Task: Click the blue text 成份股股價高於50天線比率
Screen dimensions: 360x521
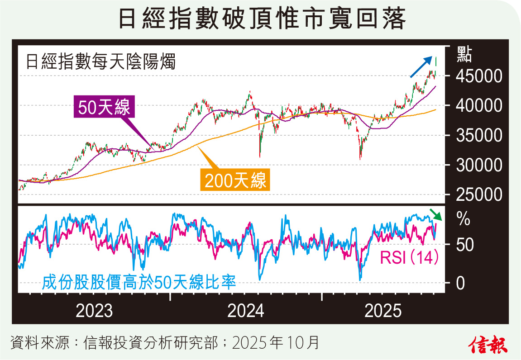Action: [139, 283]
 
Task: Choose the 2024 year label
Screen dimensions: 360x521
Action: [246, 311]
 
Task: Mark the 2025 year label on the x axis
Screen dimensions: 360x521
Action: [383, 311]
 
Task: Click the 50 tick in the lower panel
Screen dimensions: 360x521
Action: [460, 246]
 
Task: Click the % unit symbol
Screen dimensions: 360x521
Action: [464, 221]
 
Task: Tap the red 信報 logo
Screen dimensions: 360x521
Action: [488, 345]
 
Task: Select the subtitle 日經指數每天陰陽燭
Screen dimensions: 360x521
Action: [100, 61]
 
